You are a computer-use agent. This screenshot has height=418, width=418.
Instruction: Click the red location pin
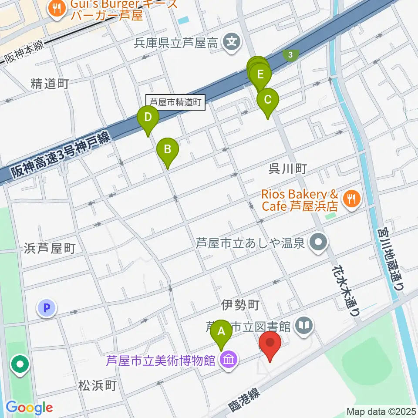coord(270,343)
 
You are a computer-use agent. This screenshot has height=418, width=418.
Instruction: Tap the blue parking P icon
coord(47,309)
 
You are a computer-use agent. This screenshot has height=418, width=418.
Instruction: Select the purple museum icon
coord(227,361)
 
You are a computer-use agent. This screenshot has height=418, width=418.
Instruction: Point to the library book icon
coord(304,324)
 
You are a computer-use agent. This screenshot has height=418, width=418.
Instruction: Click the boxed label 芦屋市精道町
coord(175,102)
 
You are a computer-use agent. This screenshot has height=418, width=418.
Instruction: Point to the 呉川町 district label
coord(288,169)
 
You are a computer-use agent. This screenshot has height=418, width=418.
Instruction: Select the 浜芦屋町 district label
coord(51,248)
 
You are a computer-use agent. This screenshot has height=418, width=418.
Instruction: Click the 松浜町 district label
coord(98,385)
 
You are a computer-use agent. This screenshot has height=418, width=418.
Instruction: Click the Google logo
coord(29,408)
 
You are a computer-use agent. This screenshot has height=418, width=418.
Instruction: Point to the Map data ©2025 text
coord(381,411)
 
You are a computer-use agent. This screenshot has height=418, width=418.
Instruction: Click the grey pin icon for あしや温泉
coord(319,242)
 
